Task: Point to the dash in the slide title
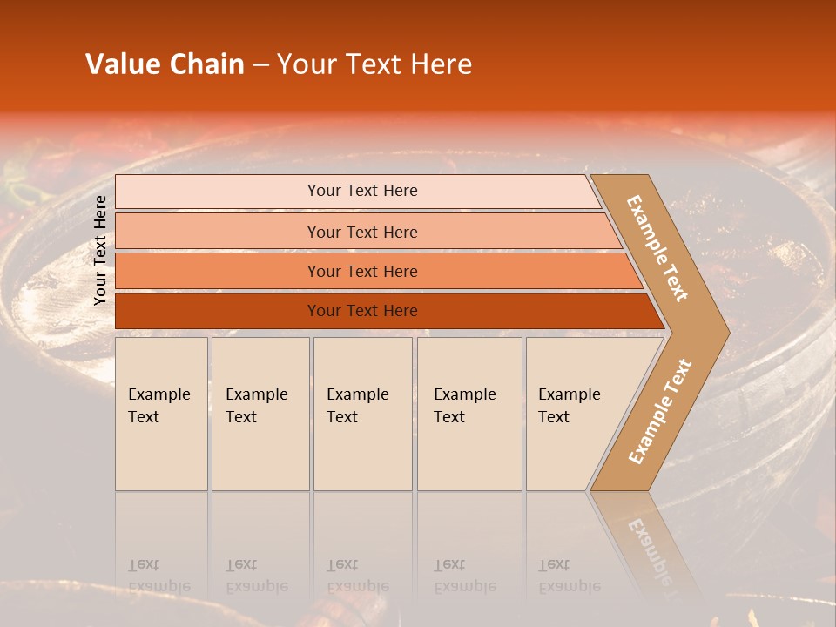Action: point(260,65)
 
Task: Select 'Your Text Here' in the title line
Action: point(374,64)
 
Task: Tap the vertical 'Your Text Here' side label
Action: point(100,250)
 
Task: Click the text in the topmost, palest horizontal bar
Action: point(362,191)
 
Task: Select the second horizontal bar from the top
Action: point(362,232)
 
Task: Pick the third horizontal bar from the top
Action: point(362,272)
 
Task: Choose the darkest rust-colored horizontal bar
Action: point(362,311)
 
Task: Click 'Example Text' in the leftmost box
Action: point(158,406)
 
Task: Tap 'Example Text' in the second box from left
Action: point(256,406)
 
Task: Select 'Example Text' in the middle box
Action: point(357,406)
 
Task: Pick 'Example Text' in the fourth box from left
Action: point(464,406)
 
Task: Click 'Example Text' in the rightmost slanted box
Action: point(569,406)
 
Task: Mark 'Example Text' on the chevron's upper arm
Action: point(657,248)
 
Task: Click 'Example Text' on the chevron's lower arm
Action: point(660,412)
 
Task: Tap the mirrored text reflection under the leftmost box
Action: point(158,576)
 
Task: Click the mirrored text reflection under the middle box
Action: point(357,576)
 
